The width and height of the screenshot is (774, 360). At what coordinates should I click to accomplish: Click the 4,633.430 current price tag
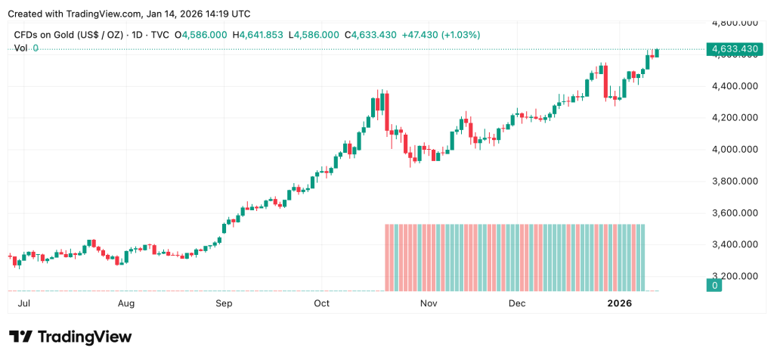[732, 49]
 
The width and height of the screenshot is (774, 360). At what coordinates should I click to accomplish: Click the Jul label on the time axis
[23, 303]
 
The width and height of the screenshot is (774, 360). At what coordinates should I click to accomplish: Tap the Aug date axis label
[126, 303]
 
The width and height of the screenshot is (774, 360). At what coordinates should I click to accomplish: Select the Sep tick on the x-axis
[224, 303]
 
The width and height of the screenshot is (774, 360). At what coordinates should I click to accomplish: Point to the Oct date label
[322, 303]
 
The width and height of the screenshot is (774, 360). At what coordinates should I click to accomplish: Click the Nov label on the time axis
[429, 303]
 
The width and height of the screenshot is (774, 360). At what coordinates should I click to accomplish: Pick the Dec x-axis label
[517, 303]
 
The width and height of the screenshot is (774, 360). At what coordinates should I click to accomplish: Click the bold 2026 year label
[619, 303]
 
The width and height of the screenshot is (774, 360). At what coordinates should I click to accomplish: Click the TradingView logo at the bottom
[70, 337]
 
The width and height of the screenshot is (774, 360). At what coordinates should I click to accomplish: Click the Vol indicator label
[21, 48]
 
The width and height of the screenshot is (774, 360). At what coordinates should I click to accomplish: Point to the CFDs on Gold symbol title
[69, 35]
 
